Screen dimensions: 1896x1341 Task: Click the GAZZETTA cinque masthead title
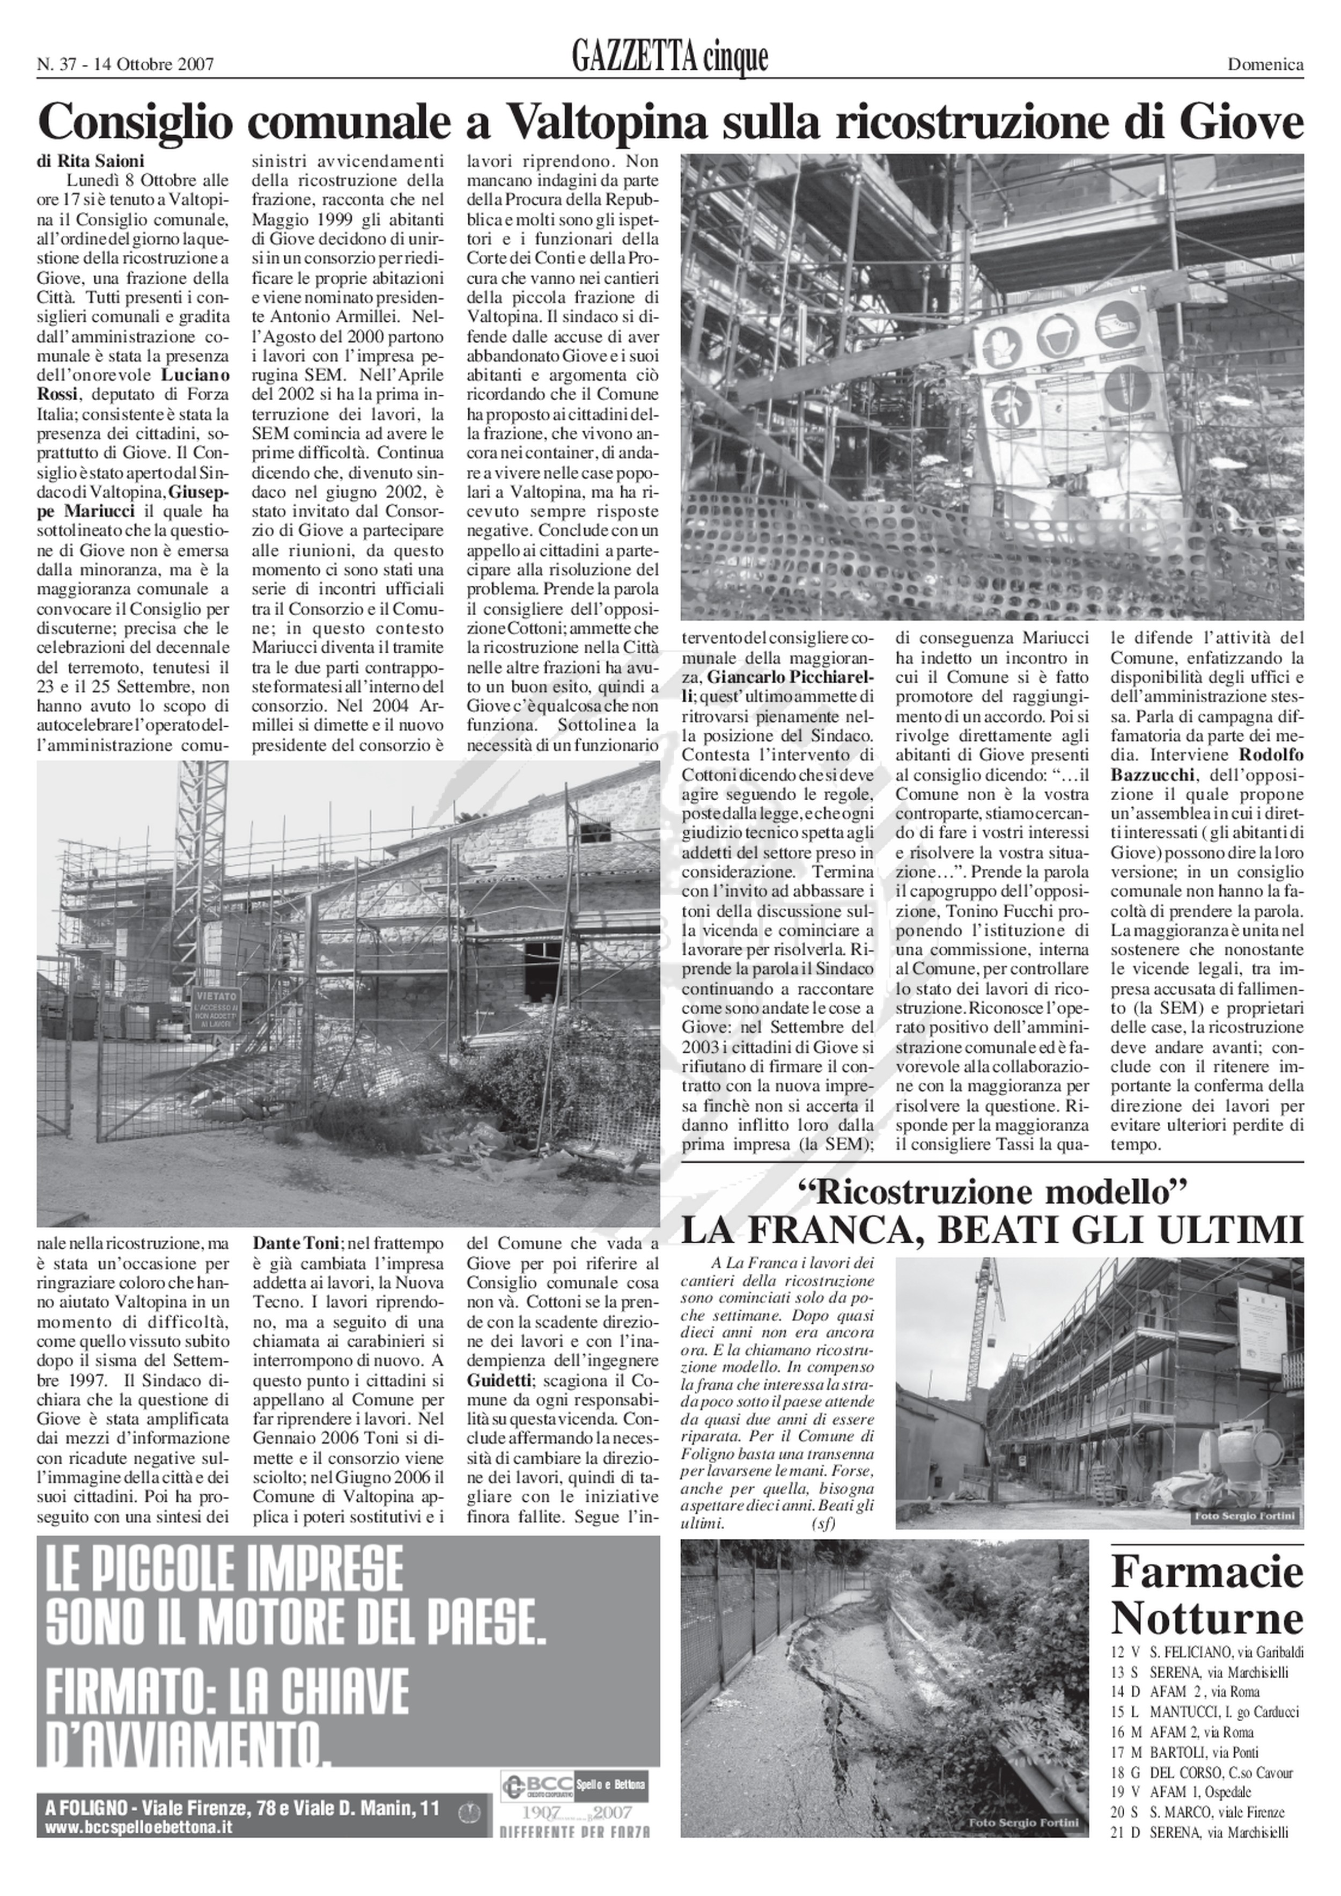point(669,58)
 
